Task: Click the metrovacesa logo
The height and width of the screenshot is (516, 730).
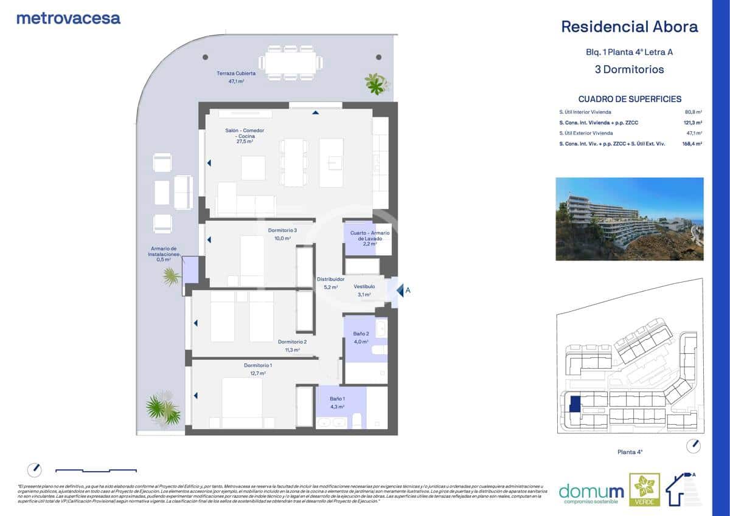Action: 68,18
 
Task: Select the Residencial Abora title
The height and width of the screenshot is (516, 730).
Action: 629,27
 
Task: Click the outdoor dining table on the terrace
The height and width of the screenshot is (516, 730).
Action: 290,63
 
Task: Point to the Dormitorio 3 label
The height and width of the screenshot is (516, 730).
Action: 282,230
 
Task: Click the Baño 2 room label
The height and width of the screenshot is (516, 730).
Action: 361,334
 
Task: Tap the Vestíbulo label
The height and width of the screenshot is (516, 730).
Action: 364,286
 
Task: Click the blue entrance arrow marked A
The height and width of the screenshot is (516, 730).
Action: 400,291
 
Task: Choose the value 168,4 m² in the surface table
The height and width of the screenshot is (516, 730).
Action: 692,144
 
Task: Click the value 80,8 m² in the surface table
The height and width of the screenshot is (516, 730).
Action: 693,112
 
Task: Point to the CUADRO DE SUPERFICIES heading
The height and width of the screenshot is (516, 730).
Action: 630,99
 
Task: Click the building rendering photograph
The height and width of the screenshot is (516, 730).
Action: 629,219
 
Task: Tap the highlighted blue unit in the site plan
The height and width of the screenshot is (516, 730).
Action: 574,404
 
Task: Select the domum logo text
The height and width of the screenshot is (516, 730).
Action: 582,491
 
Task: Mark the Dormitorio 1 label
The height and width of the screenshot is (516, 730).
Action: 257,365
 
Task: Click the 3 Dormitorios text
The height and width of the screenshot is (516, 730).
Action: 629,69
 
